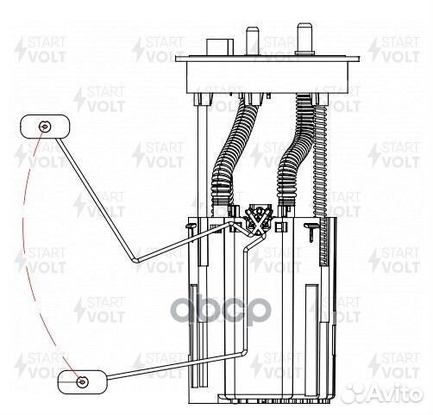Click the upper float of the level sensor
click(40, 127)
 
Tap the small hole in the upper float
click(45, 127)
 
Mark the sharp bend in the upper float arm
click(134, 259)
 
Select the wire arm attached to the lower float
click(173, 364)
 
